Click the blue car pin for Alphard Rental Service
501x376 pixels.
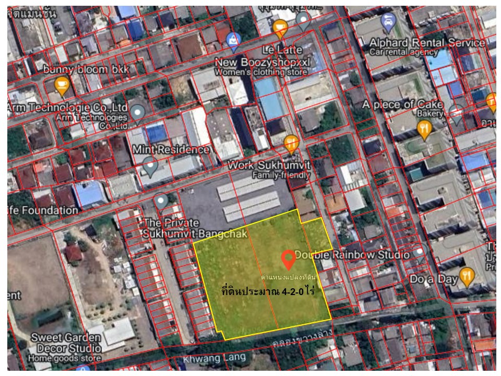[x=388, y=21]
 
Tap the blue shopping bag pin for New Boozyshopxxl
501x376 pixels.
[x=234, y=38]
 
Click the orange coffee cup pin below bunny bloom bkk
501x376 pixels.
[x=62, y=85]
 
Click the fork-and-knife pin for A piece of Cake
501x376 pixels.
[x=425, y=129]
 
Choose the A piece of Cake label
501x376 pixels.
[x=402, y=105]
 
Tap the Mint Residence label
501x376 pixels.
[x=171, y=149]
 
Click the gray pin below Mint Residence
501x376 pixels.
[x=151, y=167]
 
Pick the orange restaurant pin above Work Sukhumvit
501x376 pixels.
[x=291, y=143]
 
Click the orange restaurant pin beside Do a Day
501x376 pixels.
[x=466, y=276]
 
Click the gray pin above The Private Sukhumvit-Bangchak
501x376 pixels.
[x=160, y=201]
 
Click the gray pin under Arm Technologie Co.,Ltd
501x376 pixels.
[x=138, y=112]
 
